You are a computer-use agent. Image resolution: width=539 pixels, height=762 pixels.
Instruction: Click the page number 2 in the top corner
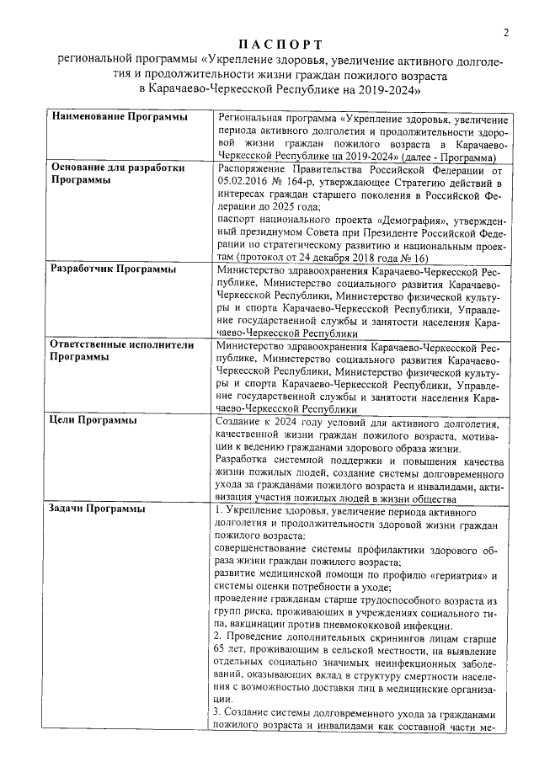pyautogui.click(x=506, y=33)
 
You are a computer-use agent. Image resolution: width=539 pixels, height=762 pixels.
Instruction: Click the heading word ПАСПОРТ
pyautogui.click(x=278, y=44)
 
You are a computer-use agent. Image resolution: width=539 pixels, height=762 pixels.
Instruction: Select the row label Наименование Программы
pyautogui.click(x=120, y=116)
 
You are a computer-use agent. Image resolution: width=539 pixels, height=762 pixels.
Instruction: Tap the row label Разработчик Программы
pyautogui.click(x=114, y=269)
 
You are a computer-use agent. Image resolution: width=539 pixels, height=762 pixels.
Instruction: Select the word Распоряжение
pyautogui.click(x=253, y=168)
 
